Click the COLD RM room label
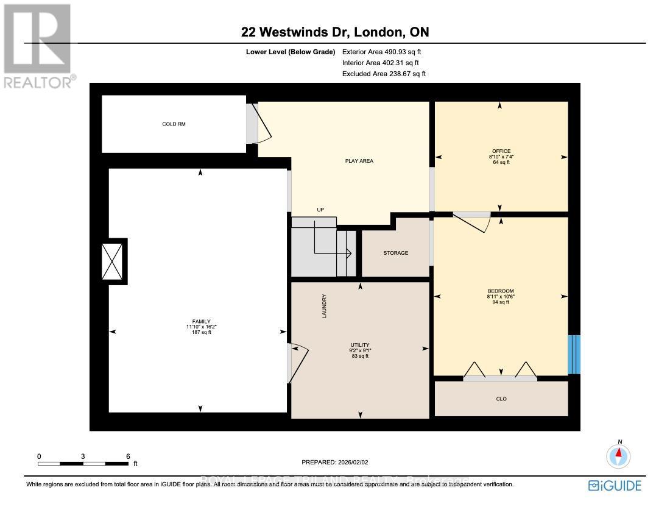(x=174, y=124)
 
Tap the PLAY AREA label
(x=359, y=161)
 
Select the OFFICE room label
(x=501, y=151)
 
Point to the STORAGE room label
(x=396, y=253)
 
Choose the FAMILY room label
(x=202, y=321)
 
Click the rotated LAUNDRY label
(x=325, y=306)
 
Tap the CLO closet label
(x=501, y=399)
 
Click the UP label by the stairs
(x=320, y=210)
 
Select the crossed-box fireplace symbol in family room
(x=115, y=261)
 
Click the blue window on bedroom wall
(x=574, y=354)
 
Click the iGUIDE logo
(x=615, y=485)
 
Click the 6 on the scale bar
(x=128, y=456)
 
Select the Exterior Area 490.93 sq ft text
(x=381, y=52)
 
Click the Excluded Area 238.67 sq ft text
(x=384, y=74)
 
